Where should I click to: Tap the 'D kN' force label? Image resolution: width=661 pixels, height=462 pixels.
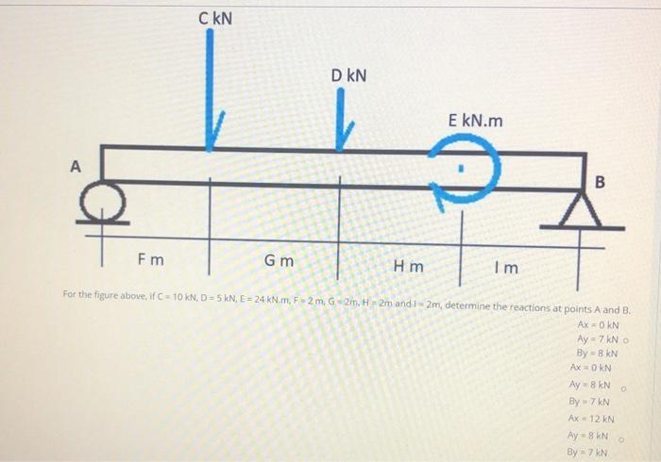348,74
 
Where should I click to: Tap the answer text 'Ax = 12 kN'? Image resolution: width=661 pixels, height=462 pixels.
592,418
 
